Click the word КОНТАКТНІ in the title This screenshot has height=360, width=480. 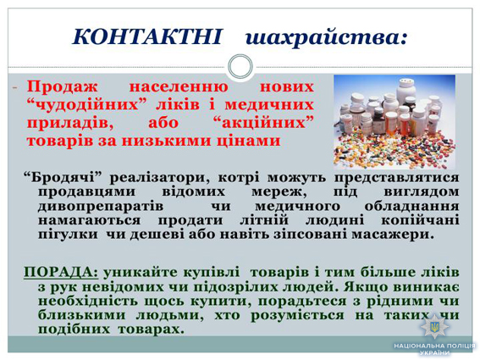(146, 37)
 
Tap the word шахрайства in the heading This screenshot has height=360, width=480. (326, 38)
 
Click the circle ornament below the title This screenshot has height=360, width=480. (240, 66)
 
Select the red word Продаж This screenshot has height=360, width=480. (62, 87)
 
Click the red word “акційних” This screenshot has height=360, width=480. (263, 123)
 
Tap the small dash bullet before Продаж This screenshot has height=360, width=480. (14, 88)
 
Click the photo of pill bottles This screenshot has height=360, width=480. (394, 122)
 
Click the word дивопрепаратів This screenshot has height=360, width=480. (101, 206)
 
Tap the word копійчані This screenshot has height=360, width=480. (420, 220)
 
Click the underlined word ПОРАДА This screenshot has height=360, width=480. (61, 272)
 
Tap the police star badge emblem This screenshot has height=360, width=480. (434, 327)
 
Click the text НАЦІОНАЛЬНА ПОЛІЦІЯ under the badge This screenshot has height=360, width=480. (435, 346)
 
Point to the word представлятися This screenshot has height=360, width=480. (396, 178)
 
